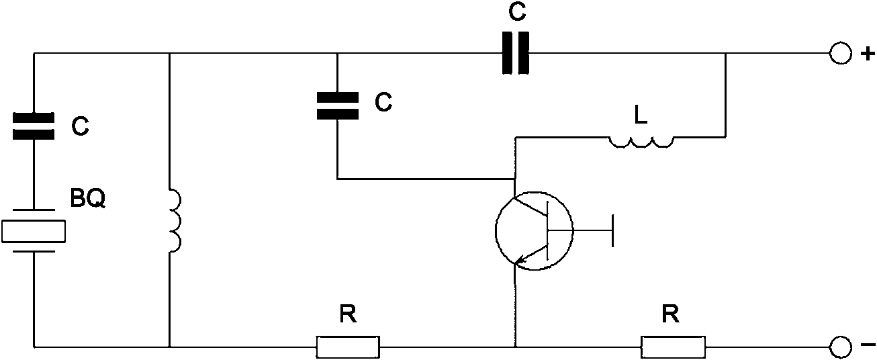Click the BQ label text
coord(88,198)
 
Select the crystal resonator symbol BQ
coord(34,231)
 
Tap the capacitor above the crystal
coord(34,126)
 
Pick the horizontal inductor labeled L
coord(641,142)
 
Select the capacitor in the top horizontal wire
coord(516,53)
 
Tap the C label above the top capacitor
coord(517,11)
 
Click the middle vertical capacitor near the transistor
coord(338,105)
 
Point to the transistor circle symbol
coord(535,231)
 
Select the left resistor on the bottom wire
coord(348,347)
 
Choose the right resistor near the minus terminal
coord(673,347)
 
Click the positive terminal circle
coord(840,53)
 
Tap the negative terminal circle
coord(840,347)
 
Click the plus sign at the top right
coord(868,54)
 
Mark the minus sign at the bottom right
coord(868,345)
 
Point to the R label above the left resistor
coord(348,314)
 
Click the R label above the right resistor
coord(671,314)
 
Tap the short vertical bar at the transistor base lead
coord(612,230)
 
